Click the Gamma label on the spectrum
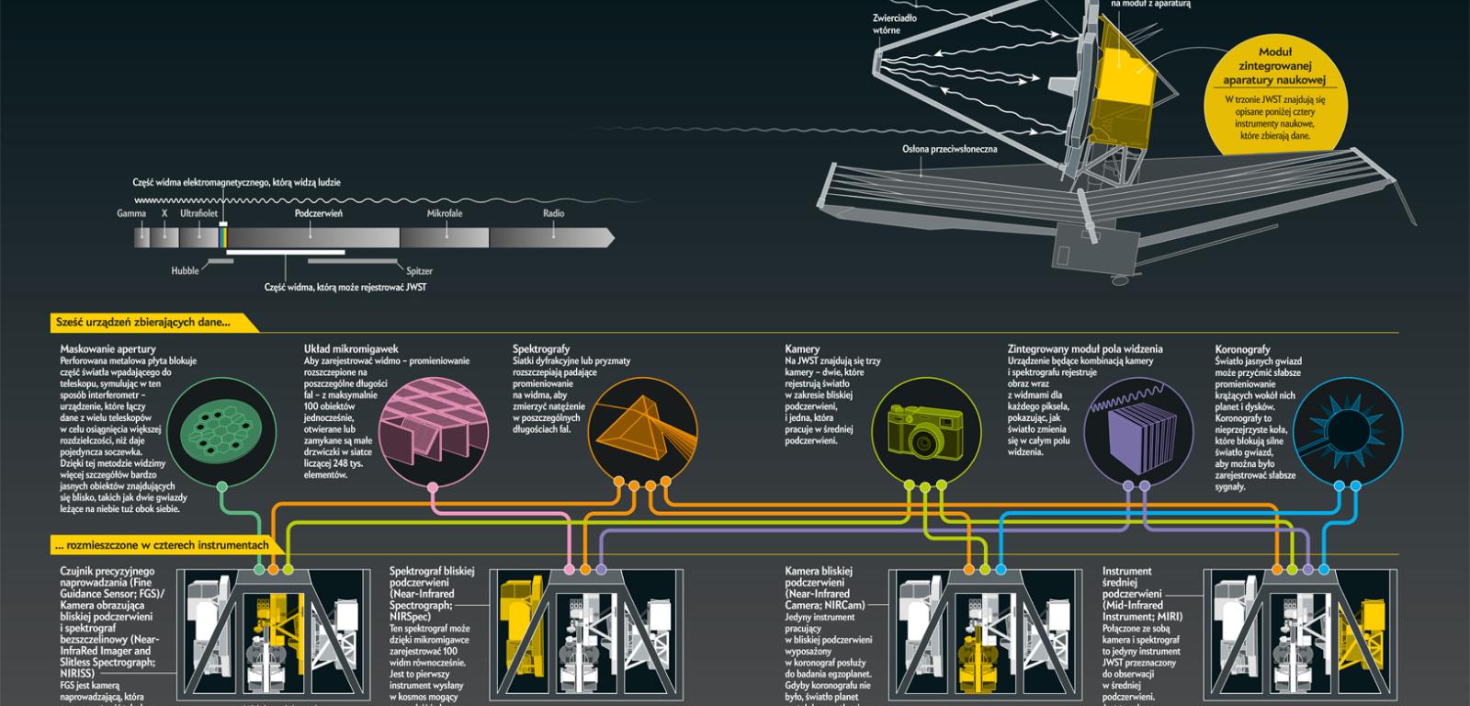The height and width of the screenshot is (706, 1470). (131, 213)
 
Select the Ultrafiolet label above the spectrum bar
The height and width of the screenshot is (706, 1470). (198, 213)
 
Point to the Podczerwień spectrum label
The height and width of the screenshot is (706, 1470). (319, 213)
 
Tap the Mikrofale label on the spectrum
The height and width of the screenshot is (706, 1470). (445, 213)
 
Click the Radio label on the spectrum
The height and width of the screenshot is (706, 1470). (553, 213)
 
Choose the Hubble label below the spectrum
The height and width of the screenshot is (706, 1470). (185, 271)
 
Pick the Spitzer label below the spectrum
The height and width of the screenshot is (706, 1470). (419, 271)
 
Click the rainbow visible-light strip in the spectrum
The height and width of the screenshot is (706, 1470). (222, 236)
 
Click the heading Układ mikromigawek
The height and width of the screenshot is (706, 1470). (351, 349)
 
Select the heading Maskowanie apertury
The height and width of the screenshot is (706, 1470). (107, 349)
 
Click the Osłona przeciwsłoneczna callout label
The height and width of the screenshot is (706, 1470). (949, 148)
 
